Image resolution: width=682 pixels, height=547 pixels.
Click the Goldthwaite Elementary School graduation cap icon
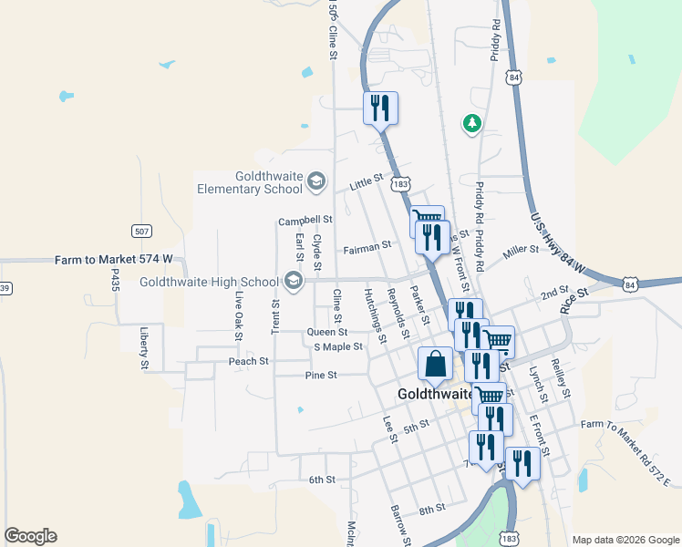tap(315, 182)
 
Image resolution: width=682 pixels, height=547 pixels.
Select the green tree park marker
tap(471, 123)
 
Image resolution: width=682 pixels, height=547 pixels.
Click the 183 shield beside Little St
tap(399, 184)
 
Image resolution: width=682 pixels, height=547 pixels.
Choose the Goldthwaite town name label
tap(435, 395)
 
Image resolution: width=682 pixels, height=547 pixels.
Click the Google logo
tap(30, 536)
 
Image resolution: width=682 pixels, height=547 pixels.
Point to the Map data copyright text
tap(625, 540)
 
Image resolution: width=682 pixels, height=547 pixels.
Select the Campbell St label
tap(305, 221)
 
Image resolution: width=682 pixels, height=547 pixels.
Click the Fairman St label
tap(367, 246)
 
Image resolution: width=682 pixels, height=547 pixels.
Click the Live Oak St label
tap(239, 317)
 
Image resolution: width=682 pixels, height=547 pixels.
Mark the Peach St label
tap(248, 361)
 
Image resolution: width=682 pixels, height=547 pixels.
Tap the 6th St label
tap(322, 480)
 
